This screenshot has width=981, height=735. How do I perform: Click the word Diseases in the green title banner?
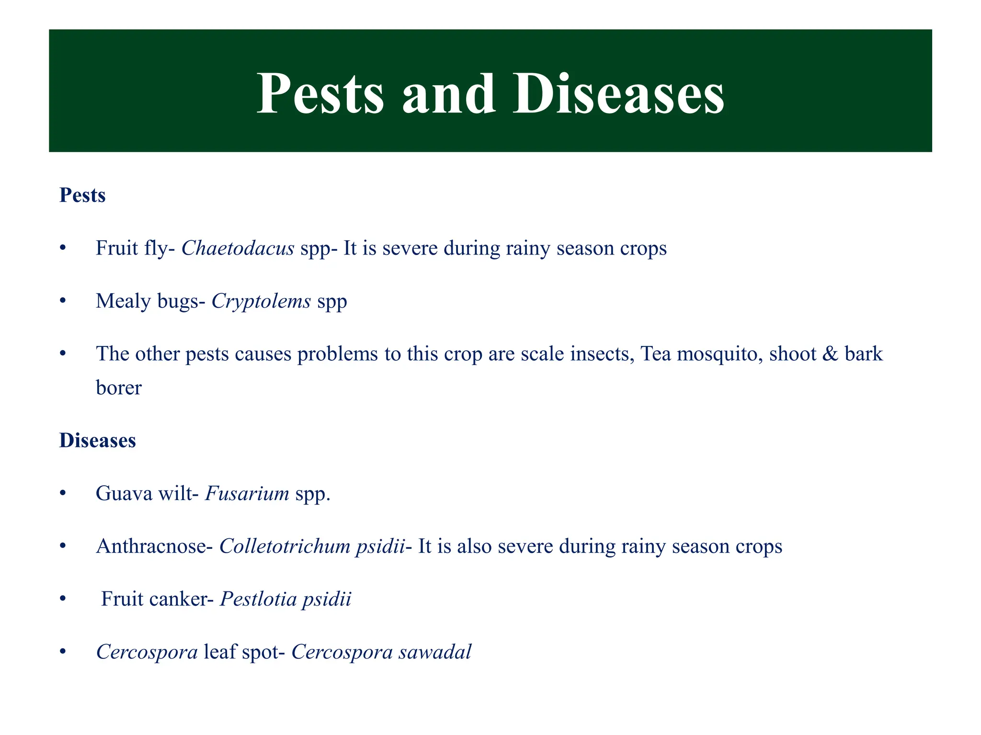[618, 94]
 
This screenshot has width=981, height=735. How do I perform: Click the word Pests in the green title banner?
[320, 94]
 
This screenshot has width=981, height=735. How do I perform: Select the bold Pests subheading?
[82, 196]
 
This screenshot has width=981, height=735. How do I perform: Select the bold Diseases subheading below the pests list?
[98, 441]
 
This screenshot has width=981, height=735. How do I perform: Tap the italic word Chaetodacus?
[238, 248]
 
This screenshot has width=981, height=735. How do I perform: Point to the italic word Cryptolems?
[261, 301]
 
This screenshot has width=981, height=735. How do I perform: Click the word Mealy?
[119, 301]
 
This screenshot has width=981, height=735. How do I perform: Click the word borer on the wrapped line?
[119, 388]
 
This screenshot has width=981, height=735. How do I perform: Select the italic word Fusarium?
[247, 493]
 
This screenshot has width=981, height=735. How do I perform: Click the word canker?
[178, 599]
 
